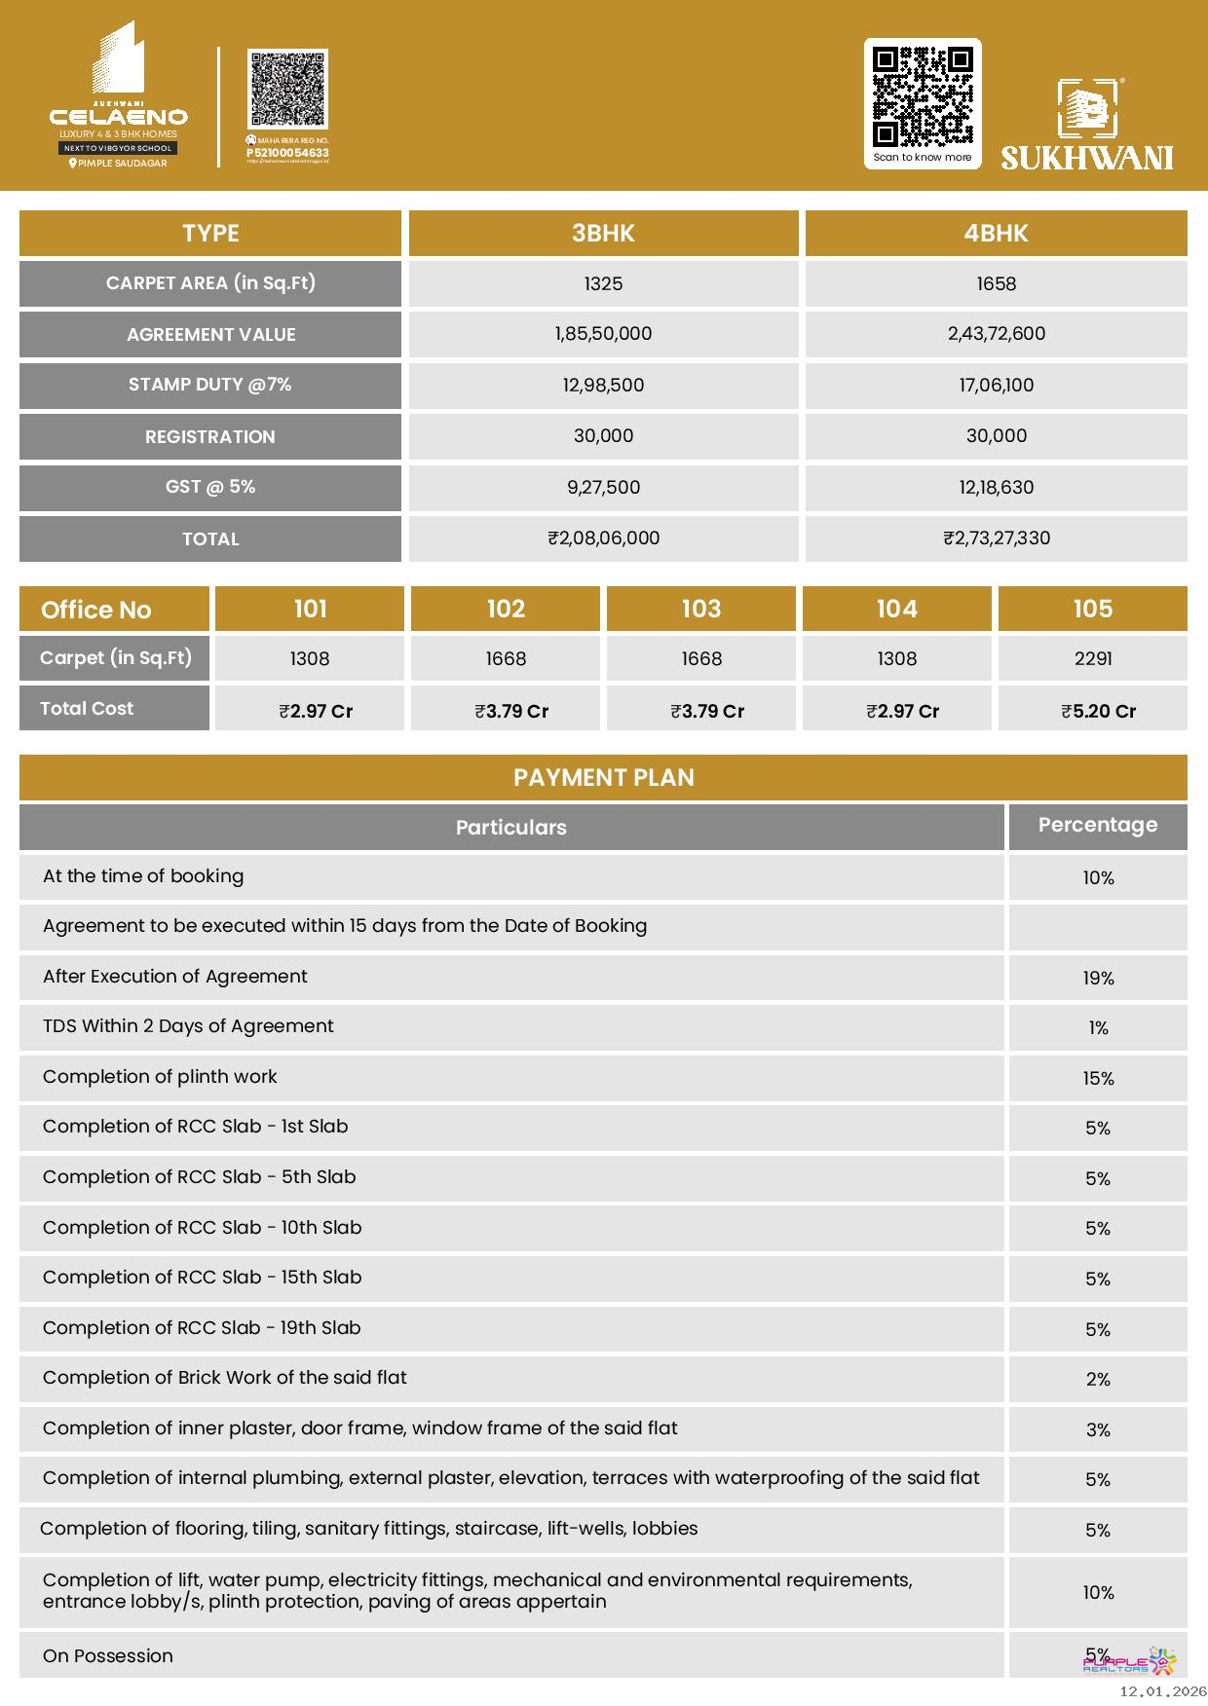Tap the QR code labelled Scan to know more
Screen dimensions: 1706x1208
click(922, 96)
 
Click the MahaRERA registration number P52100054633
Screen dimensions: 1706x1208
click(287, 153)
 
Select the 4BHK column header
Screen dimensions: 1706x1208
click(996, 234)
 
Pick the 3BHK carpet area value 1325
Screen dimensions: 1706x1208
click(603, 283)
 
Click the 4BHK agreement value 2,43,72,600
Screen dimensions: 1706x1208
click(996, 334)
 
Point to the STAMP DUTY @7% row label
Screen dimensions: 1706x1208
click(210, 385)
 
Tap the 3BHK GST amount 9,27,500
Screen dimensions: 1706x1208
click(603, 487)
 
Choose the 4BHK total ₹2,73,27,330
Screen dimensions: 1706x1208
click(996, 538)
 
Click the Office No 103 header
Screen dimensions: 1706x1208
click(700, 609)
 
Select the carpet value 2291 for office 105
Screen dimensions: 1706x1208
click(1092, 658)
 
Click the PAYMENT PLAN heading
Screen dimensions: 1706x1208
click(603, 777)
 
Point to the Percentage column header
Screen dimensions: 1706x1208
click(1097, 825)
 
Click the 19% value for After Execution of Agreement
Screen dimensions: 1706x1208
click(1098, 978)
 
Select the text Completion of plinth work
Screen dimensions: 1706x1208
click(160, 1076)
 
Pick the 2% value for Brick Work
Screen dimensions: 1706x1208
click(1098, 1379)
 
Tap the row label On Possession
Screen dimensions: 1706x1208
click(108, 1655)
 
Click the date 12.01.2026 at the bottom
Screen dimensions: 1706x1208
click(1162, 1691)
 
